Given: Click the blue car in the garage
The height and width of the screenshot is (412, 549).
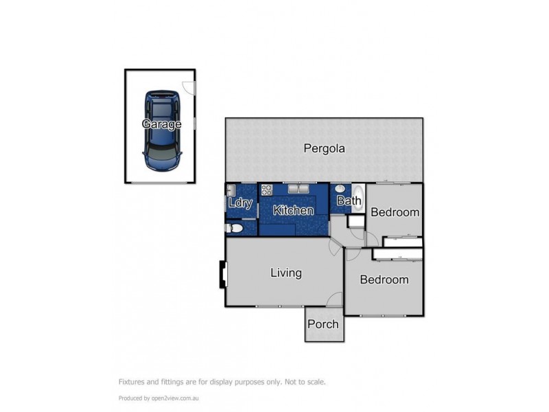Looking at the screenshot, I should click(x=162, y=130).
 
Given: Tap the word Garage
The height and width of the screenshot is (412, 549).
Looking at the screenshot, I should click(x=161, y=124).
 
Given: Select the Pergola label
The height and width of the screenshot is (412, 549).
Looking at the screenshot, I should click(x=325, y=148).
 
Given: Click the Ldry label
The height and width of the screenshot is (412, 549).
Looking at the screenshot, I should click(x=240, y=203).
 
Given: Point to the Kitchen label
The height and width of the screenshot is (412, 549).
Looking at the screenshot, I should click(x=293, y=211).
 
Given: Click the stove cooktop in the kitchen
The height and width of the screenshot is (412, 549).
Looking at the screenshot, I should click(x=267, y=190).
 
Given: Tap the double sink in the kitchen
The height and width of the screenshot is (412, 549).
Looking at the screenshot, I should click(x=298, y=190).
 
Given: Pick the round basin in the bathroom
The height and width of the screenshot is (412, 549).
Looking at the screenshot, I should click(x=340, y=190).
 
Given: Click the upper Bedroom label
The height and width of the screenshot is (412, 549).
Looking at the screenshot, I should click(x=395, y=212).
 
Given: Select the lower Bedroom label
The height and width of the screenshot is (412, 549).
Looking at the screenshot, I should click(x=384, y=279).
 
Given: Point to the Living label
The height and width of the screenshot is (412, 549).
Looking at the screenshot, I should click(x=285, y=273).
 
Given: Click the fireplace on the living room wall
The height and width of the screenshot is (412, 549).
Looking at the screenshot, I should click(x=222, y=275).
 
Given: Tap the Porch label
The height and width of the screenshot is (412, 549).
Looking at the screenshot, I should click(x=323, y=323).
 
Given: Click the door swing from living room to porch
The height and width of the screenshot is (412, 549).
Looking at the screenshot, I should click(x=334, y=299).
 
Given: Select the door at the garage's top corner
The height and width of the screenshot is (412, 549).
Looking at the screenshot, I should click(x=190, y=88).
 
